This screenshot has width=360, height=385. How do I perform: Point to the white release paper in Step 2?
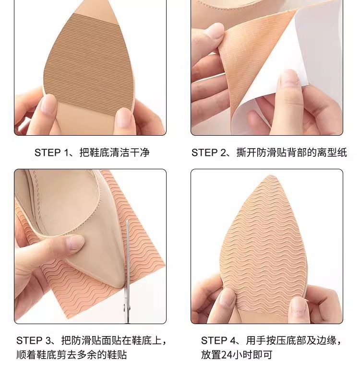(x=290, y=74)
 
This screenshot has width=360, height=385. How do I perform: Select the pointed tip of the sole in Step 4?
(x=271, y=176)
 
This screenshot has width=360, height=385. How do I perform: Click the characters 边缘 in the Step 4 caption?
(x=326, y=340)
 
